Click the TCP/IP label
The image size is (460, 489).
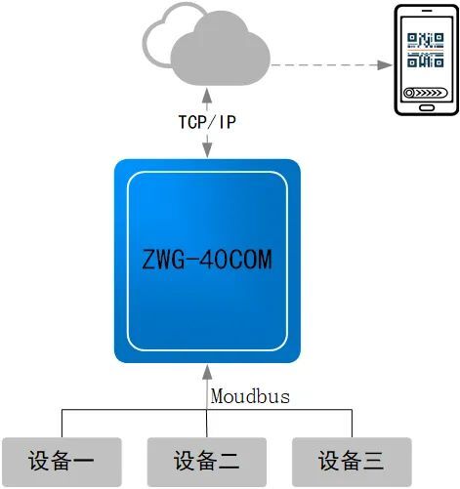click(x=207, y=122)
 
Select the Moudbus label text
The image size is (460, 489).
click(x=250, y=396)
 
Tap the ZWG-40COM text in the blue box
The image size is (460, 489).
click(x=207, y=260)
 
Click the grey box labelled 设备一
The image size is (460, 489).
click(x=62, y=462)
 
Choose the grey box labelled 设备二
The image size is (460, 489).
click(x=207, y=462)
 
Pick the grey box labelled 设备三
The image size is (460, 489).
click(x=352, y=462)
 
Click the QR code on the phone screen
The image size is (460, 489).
click(x=426, y=50)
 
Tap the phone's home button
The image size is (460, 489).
click(x=427, y=107)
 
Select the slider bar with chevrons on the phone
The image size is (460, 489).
click(x=426, y=93)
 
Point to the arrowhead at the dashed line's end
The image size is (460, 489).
click(x=385, y=65)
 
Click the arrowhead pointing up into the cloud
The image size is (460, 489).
click(x=207, y=95)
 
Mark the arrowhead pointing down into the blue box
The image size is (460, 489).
click(x=207, y=150)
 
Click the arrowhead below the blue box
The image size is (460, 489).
click(x=207, y=372)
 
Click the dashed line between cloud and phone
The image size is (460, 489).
click(x=324, y=65)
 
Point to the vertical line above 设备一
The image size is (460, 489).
click(x=63, y=424)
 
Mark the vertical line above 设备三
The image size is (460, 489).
click(x=352, y=424)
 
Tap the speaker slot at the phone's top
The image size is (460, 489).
click(x=427, y=11)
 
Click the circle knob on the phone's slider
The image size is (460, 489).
click(x=409, y=93)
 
